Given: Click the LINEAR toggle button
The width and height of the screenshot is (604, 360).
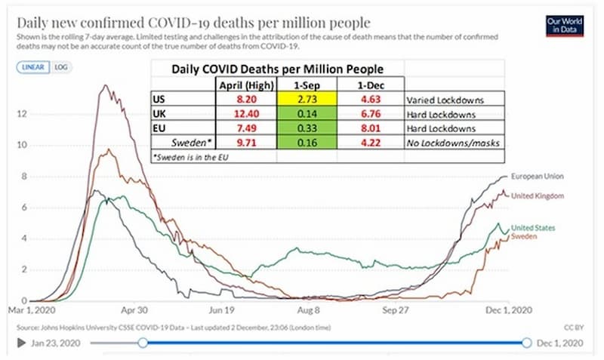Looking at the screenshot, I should tap(32, 66).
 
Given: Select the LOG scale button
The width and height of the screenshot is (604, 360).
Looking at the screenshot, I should tap(60, 66).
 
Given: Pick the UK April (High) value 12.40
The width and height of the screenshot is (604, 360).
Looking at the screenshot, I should tap(245, 113).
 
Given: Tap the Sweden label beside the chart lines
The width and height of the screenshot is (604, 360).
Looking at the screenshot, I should tap(525, 237).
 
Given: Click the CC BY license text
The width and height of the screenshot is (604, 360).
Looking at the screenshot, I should tap(573, 327).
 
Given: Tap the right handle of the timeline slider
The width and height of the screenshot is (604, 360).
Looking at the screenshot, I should tap(526, 343).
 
